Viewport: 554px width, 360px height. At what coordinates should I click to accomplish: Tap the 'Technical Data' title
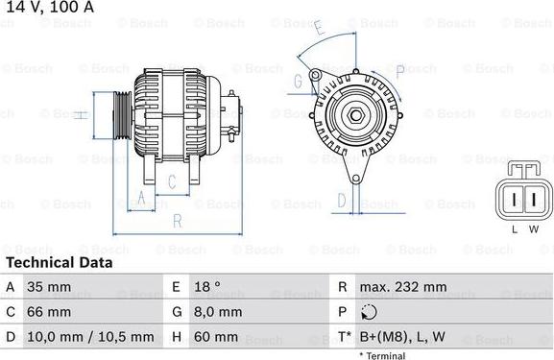tap(59, 262)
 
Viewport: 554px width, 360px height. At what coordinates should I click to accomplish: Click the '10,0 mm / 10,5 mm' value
tap(91, 336)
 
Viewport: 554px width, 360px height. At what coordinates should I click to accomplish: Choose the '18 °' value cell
tap(208, 286)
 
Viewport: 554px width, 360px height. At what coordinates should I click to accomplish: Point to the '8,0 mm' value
tap(217, 311)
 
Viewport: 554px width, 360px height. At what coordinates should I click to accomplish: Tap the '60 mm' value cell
tap(216, 336)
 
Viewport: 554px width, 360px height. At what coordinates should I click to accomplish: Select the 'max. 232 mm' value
tap(403, 286)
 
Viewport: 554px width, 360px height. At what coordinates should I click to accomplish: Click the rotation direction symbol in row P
tap(370, 311)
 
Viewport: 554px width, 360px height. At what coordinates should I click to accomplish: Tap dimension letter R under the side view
tap(177, 219)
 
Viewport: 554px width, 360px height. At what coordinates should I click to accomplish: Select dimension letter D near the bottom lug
tap(341, 200)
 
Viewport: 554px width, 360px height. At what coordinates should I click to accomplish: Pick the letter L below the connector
tap(515, 228)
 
